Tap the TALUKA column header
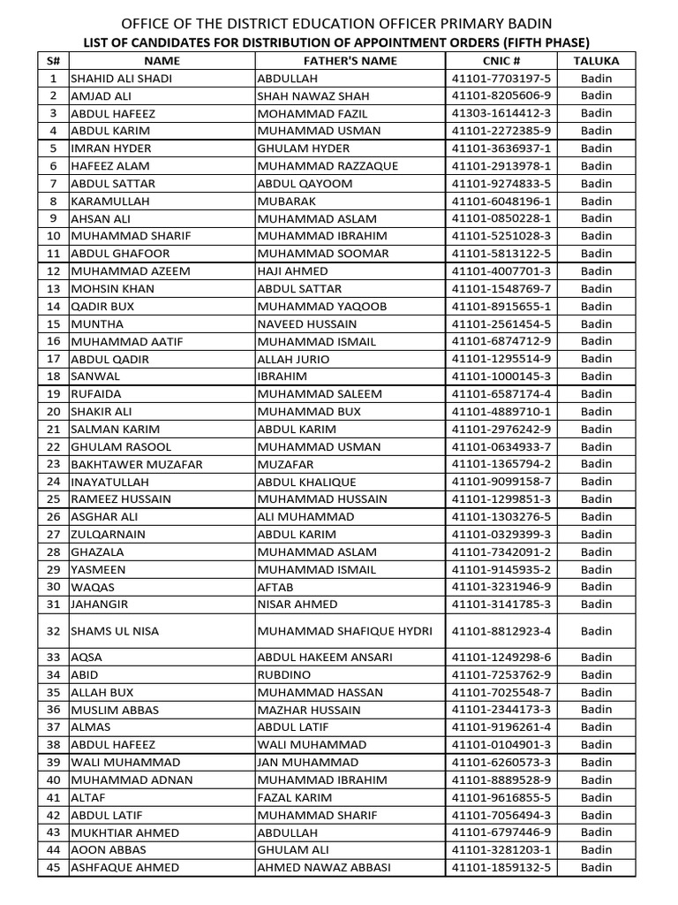point(597,61)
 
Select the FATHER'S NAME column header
point(350,61)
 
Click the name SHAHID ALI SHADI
point(122,79)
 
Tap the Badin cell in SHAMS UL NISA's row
point(597,631)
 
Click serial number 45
point(53,868)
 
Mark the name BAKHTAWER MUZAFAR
point(137,464)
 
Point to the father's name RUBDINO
point(284,675)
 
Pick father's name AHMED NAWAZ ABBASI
point(324,868)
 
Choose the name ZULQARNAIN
point(109,535)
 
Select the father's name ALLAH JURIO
point(293,359)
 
